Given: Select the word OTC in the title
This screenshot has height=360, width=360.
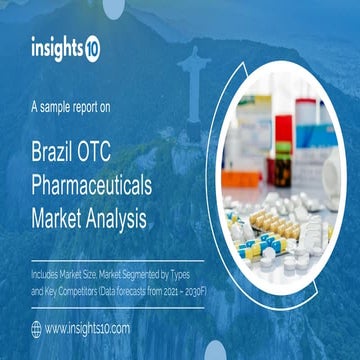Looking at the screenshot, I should [x=115, y=153].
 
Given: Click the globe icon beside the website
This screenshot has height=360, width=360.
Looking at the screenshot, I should [x=37, y=327].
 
